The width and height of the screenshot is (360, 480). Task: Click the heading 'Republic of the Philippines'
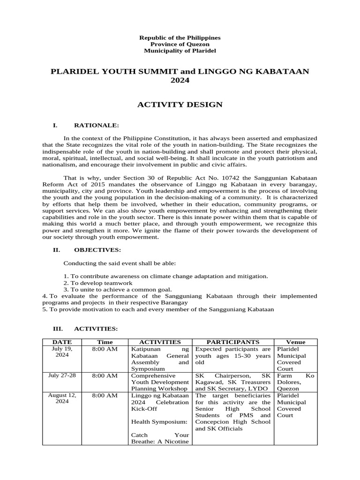180,37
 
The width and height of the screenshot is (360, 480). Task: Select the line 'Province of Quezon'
180,44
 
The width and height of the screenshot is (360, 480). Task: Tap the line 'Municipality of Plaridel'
180,51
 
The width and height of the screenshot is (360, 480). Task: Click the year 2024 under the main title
180,81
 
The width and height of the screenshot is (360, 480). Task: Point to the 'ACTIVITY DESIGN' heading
180,105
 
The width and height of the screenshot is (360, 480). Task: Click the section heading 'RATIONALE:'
97,125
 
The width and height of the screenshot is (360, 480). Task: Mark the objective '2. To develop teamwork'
98,283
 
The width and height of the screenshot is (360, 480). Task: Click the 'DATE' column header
62,343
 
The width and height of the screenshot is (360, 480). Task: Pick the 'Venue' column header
295,343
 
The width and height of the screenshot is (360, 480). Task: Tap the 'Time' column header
105,343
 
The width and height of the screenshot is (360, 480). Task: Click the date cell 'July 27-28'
62,375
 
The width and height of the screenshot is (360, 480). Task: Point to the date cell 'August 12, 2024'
62,398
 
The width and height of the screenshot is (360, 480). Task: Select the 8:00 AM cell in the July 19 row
105,349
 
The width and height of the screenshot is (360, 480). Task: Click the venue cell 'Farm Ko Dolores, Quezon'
295,382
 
